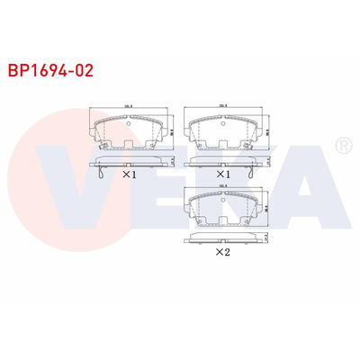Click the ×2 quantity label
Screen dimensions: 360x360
point(221,253)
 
